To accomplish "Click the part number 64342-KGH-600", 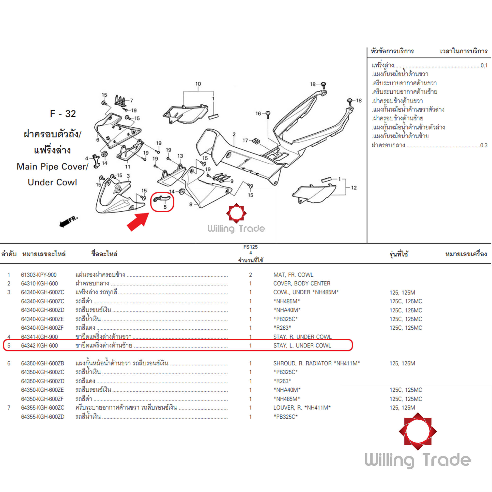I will (39, 346).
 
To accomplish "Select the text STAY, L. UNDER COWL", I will (302, 346).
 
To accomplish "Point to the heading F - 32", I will (63, 114).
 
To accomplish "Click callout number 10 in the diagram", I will (198, 84).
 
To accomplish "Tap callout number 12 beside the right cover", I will (354, 188).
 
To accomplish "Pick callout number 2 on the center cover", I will (234, 134).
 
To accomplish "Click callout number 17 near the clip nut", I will (245, 140).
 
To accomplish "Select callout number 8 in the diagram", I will (191, 204).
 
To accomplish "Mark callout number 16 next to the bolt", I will (258, 113).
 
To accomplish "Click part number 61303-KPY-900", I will (39, 275).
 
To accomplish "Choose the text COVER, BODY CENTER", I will (302, 283).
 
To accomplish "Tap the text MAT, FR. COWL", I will (293, 275).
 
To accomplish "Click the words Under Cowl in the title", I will (52, 182).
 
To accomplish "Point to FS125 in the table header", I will (250, 247).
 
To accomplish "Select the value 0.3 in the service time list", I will (484, 145).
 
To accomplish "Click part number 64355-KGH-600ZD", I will (43, 417).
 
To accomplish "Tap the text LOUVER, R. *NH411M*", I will (302, 407).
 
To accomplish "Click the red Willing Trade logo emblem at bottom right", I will (418, 431).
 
